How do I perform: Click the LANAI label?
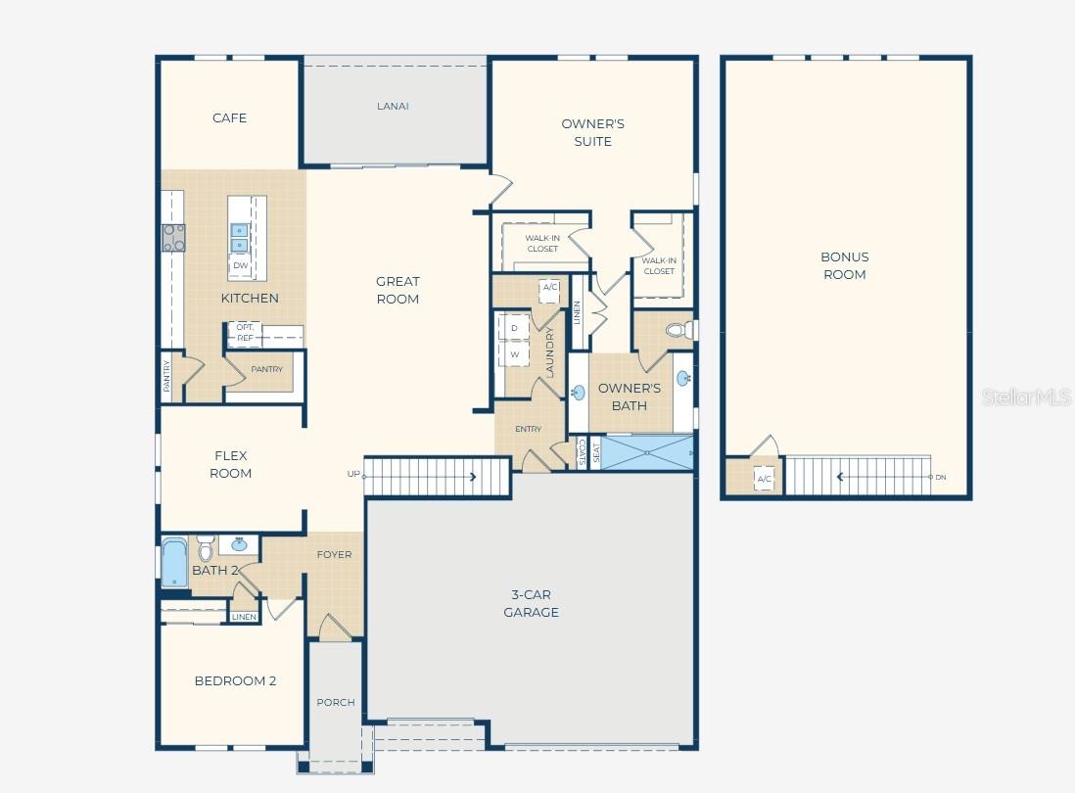point(393,106)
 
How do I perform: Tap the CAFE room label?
point(229,117)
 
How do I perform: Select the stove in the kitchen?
point(173,238)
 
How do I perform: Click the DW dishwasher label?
point(240,265)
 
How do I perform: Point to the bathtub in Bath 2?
point(174,564)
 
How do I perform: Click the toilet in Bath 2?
point(205,548)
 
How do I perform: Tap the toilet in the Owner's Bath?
point(678,329)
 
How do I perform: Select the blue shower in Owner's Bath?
point(646,453)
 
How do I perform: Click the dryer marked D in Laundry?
point(513,327)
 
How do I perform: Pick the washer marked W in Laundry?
point(513,353)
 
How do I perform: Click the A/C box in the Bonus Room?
point(764,479)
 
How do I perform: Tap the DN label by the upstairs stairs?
point(940,477)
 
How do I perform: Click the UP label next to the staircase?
point(353,474)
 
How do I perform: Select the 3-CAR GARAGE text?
point(531,603)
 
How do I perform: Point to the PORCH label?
point(335,702)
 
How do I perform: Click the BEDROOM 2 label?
point(235,680)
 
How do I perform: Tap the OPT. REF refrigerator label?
point(245,333)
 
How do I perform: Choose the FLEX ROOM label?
point(232,464)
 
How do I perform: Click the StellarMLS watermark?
point(1027,396)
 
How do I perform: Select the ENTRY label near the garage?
point(528,429)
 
